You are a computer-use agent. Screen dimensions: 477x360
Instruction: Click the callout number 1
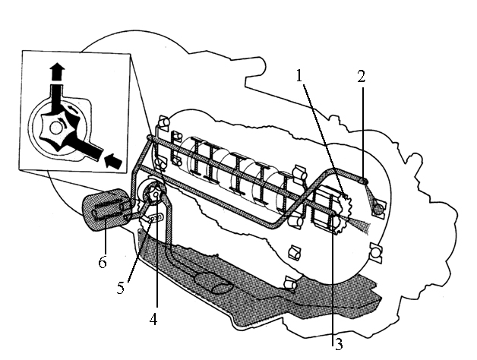[x=300, y=75]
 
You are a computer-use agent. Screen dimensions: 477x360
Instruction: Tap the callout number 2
[x=361, y=77]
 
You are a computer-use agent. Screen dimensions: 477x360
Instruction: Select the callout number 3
[x=339, y=345]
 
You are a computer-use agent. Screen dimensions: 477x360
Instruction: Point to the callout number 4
[x=153, y=319]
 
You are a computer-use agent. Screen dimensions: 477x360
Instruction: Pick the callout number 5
[x=121, y=288]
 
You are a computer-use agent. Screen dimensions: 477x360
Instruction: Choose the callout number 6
[x=103, y=262]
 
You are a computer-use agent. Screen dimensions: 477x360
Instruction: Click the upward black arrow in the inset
[x=57, y=72]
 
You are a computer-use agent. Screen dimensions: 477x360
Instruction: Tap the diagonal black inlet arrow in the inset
[x=113, y=161]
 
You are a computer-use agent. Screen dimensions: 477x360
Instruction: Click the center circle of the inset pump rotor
[x=56, y=128]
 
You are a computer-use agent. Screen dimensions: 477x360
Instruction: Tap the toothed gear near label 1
[x=343, y=213]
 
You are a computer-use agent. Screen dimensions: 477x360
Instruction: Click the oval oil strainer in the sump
[x=213, y=283]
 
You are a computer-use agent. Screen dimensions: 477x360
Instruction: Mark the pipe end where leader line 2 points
[x=364, y=181]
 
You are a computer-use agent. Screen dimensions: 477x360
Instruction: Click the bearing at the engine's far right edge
[x=376, y=252]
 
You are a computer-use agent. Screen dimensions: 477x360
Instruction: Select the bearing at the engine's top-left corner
[x=163, y=124]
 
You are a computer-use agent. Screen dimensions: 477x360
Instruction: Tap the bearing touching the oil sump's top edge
[x=290, y=284]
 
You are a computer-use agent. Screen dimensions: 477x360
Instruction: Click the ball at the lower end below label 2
[x=379, y=209]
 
